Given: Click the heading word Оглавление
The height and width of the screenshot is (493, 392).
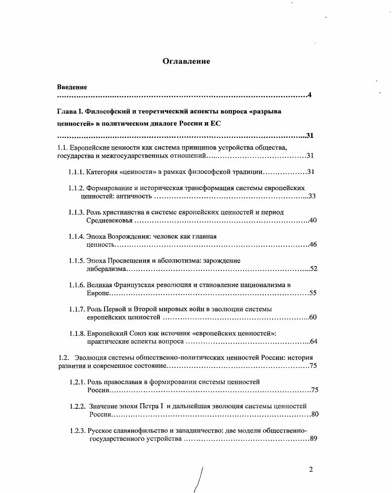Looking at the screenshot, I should click(x=186, y=62).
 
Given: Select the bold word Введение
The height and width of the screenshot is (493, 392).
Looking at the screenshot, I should click(x=71, y=87).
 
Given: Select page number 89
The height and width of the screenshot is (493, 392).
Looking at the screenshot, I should click(x=313, y=439).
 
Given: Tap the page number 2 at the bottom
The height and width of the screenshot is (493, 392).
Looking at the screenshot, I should click(x=311, y=469).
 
